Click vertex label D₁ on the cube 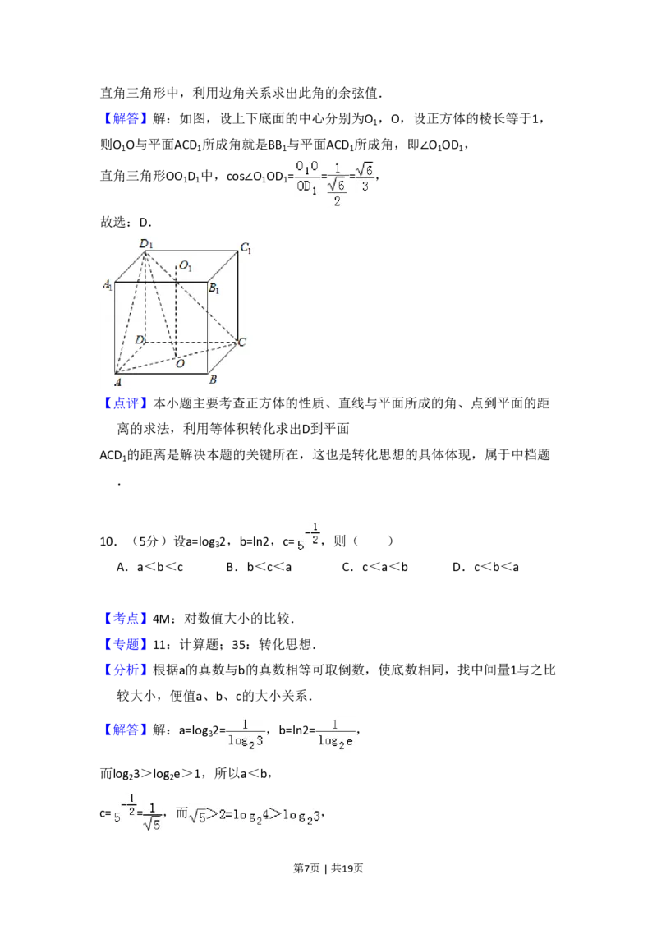tap(147, 244)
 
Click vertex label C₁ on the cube tap(245, 249)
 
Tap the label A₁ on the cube tap(108, 285)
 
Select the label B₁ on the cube tap(214, 288)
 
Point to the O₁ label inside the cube tap(186, 266)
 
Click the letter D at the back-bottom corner tap(140, 339)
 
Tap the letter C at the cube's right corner tap(241, 343)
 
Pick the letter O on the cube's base tap(180, 364)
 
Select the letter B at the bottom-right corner tap(213, 380)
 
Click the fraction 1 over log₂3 tap(246, 736)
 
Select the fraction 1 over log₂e tap(338, 736)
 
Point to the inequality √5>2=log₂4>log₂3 tap(253, 815)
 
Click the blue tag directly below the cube tap(127, 403)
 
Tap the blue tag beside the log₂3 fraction tap(127, 730)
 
